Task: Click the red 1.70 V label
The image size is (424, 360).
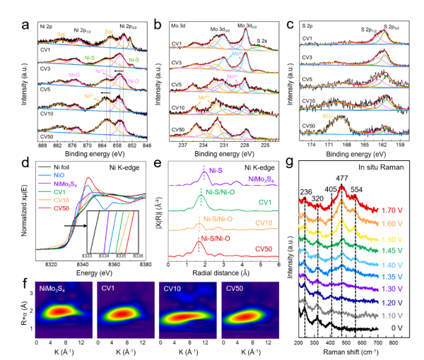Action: (391, 210)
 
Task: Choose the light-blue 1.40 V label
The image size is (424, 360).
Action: (391, 263)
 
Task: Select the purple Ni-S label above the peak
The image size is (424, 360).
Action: (213, 170)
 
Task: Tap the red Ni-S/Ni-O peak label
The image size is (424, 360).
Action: (217, 239)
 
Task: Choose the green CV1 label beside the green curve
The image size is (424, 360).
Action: (265, 202)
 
